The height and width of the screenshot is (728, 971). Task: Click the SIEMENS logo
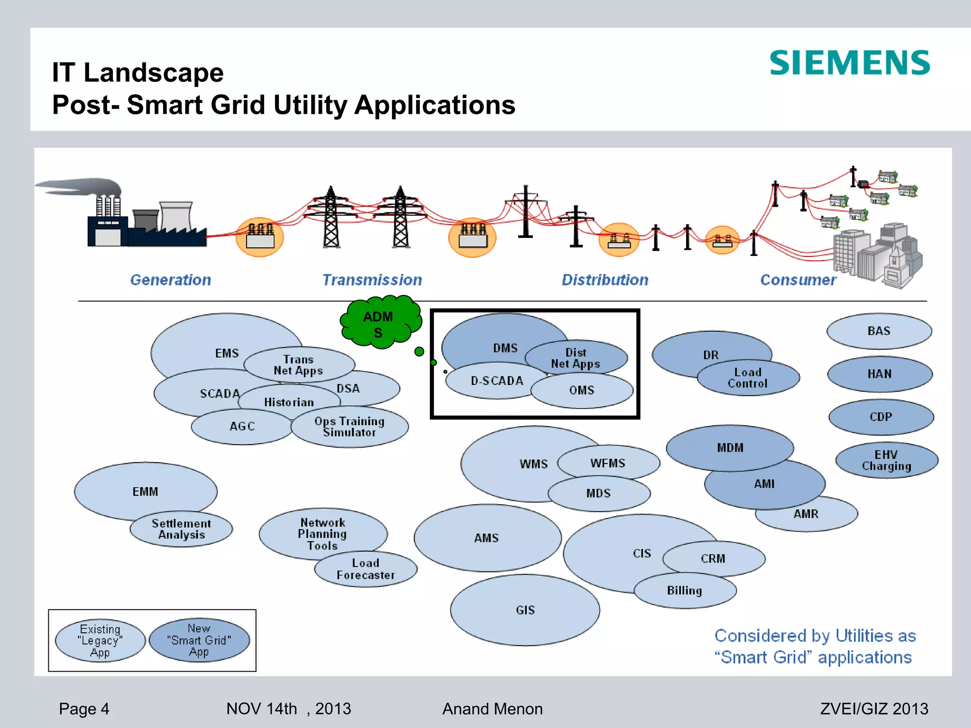(x=850, y=63)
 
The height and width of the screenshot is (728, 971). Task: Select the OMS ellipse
(x=582, y=391)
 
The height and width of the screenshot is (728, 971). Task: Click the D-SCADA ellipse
(x=496, y=381)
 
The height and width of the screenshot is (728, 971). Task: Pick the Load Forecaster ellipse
(x=366, y=569)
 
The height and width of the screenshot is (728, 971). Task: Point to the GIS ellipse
(x=525, y=610)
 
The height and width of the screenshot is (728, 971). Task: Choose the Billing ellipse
(x=685, y=591)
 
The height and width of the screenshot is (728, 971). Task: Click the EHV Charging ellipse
(x=887, y=460)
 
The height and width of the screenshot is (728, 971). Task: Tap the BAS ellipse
(x=879, y=331)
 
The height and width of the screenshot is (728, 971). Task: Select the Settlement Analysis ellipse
(x=181, y=529)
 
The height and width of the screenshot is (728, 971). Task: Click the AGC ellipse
(x=242, y=427)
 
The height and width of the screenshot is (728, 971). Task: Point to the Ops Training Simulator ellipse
(x=349, y=427)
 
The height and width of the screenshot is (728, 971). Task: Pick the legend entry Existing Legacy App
(x=100, y=641)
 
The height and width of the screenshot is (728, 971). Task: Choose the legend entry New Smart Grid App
(x=199, y=640)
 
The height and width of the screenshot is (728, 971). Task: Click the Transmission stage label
(x=372, y=280)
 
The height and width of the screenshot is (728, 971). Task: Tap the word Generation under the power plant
(x=171, y=280)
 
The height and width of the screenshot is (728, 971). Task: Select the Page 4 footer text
(x=84, y=709)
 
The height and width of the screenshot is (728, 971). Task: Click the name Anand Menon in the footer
(x=492, y=709)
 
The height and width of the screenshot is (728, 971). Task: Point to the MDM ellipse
(x=730, y=448)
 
